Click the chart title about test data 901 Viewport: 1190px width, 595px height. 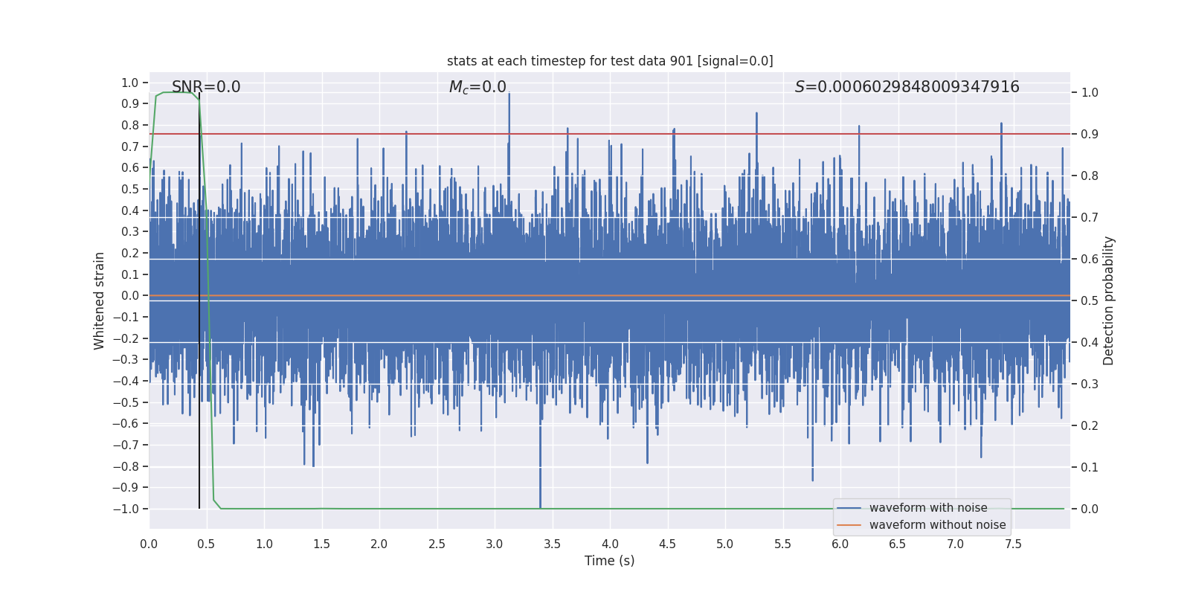pos(610,61)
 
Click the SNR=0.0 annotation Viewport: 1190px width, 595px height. pos(206,87)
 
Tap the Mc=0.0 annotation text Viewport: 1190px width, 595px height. pos(477,87)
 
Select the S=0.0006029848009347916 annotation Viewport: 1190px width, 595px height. pos(907,87)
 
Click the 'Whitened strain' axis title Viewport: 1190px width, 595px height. pos(100,300)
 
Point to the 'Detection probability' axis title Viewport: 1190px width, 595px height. pos(1108,300)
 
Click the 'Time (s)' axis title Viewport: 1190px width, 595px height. pos(609,561)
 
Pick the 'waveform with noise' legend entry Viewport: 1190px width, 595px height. pos(927,508)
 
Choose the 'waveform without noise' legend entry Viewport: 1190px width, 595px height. pos(937,525)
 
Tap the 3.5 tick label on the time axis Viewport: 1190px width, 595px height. pos(552,544)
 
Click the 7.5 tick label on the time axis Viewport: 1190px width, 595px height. pos(1013,544)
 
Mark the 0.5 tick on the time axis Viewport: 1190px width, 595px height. pos(206,544)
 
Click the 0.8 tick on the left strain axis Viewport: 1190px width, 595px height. pos(130,126)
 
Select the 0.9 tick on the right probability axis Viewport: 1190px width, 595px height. pos(1090,135)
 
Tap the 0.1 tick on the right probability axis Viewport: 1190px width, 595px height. pos(1090,468)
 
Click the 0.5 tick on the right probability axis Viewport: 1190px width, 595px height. pos(1090,301)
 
